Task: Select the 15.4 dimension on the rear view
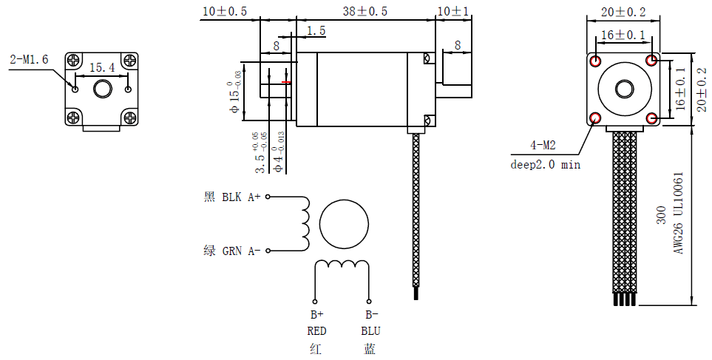click(102, 68)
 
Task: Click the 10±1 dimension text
click(452, 12)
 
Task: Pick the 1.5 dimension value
click(316, 31)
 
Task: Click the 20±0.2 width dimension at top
click(623, 12)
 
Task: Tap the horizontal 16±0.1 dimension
click(623, 35)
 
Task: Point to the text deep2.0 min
click(546, 164)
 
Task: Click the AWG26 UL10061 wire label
click(677, 214)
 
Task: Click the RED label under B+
click(316, 330)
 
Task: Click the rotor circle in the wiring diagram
click(345, 223)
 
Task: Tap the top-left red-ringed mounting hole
click(597, 60)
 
